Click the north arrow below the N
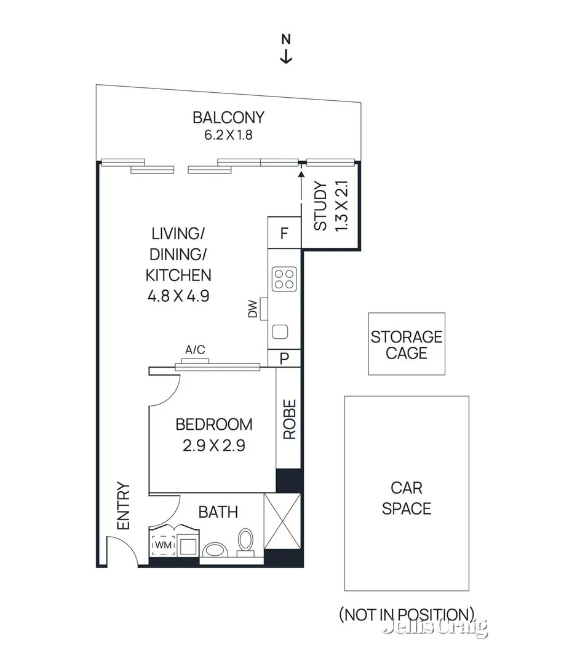point(286,56)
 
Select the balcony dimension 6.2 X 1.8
point(228,135)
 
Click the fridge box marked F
point(284,233)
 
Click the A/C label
point(195,350)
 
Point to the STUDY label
point(320,206)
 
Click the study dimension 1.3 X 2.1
point(343,206)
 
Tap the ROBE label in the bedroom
point(289,419)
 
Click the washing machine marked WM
point(163,545)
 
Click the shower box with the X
point(282,522)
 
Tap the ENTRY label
point(124,506)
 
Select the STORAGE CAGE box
point(406,344)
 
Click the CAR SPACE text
point(406,499)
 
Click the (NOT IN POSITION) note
point(406,614)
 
